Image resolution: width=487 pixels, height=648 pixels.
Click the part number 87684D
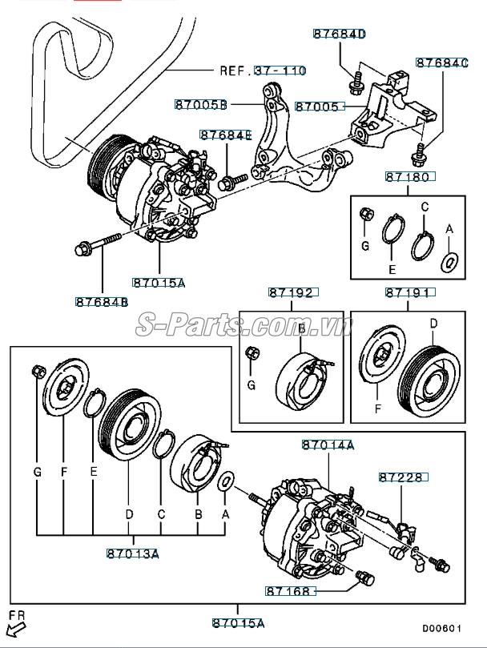point(339,34)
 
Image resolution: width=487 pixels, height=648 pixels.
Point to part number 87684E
point(226,135)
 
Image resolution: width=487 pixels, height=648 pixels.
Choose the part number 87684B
point(102,302)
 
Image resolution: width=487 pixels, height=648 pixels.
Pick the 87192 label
point(292,293)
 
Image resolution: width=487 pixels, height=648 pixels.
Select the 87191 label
point(409,293)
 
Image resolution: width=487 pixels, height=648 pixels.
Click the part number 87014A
point(328,445)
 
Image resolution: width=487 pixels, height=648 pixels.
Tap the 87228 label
point(404,477)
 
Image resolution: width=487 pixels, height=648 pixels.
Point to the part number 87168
point(292,590)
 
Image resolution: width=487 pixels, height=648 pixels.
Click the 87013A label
point(132,553)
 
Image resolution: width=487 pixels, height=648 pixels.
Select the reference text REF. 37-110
point(263,70)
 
